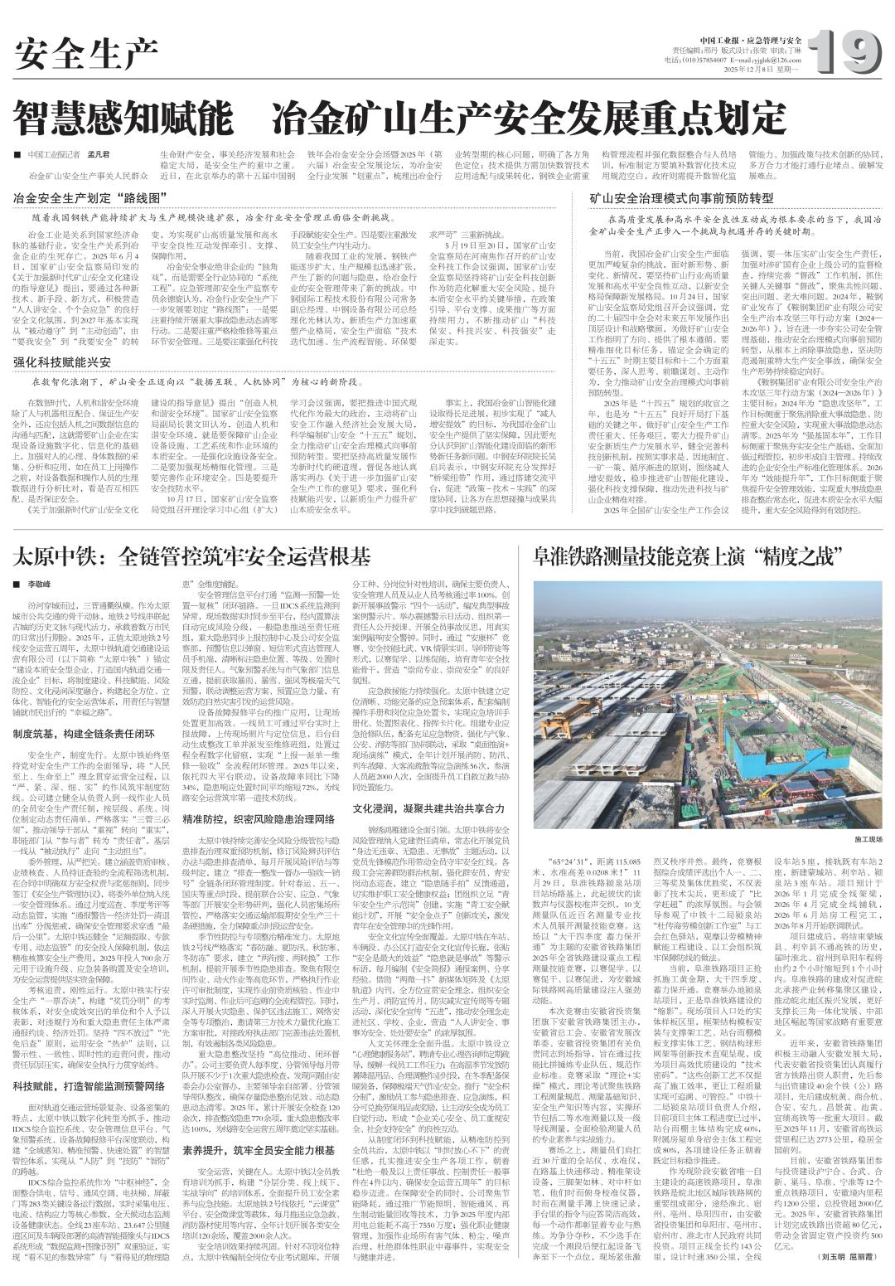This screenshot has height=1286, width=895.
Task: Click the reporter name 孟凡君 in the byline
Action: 99,156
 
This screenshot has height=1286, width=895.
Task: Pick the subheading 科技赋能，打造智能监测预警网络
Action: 90,1085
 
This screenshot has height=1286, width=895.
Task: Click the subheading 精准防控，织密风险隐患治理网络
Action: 259,818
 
